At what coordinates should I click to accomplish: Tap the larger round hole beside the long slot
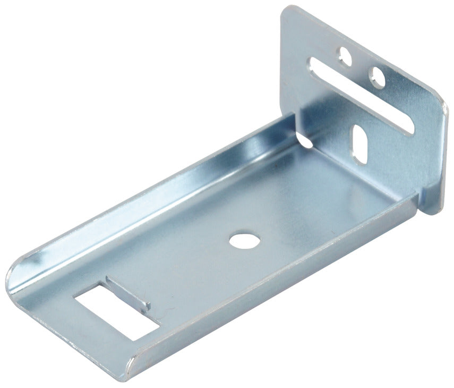tap(379, 77)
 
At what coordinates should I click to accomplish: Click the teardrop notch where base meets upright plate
tap(304, 140)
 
